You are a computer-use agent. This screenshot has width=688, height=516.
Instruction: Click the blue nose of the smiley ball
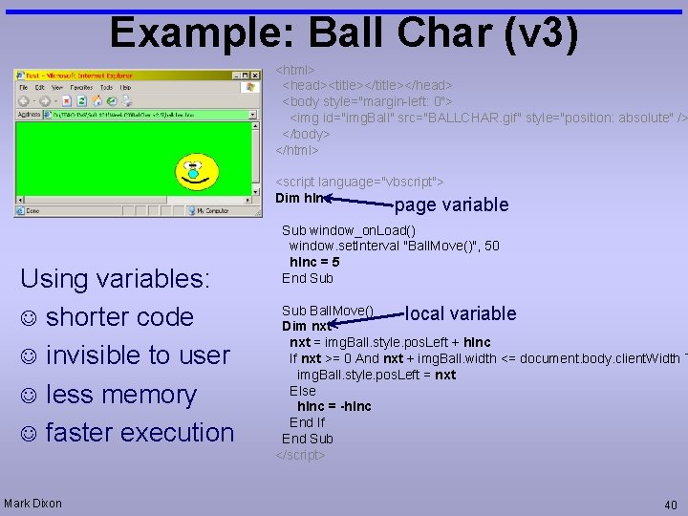pyautogui.click(x=193, y=174)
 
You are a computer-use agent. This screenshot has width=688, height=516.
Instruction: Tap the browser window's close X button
pyautogui.click(x=255, y=75)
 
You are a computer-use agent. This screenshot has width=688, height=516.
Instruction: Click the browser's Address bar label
pyautogui.click(x=30, y=115)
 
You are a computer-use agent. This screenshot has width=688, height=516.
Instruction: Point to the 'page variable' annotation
pyautogui.click(x=451, y=204)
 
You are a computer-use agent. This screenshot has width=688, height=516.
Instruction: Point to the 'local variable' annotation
pyautogui.click(x=461, y=313)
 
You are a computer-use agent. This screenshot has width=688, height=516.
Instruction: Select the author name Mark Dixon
pyautogui.click(x=32, y=504)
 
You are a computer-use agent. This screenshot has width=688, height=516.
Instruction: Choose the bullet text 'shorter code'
pyautogui.click(x=119, y=316)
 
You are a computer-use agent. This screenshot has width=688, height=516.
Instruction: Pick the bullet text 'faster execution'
pyautogui.click(x=140, y=432)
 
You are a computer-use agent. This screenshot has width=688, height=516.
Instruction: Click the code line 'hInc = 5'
pyautogui.click(x=314, y=262)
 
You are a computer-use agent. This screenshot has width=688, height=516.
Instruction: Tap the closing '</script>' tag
pyautogui.click(x=301, y=455)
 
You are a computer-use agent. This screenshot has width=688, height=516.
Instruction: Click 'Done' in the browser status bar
pyautogui.click(x=32, y=210)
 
